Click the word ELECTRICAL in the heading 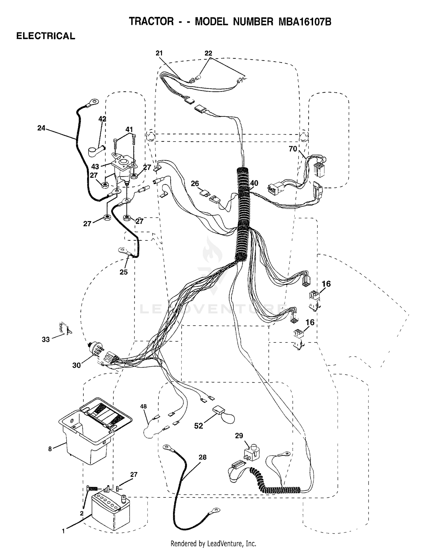coord(46,36)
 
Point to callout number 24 coord(41,128)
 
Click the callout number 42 coord(102,119)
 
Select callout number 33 coord(46,339)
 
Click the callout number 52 coord(198,426)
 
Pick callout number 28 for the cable coord(202,457)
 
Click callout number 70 coord(293,149)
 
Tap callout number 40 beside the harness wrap coord(254,183)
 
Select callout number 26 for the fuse coord(195,184)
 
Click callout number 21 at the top coord(159,53)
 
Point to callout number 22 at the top coord(208,53)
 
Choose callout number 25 coord(124,272)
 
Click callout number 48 coord(143,406)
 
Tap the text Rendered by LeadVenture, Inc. coord(213,543)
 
